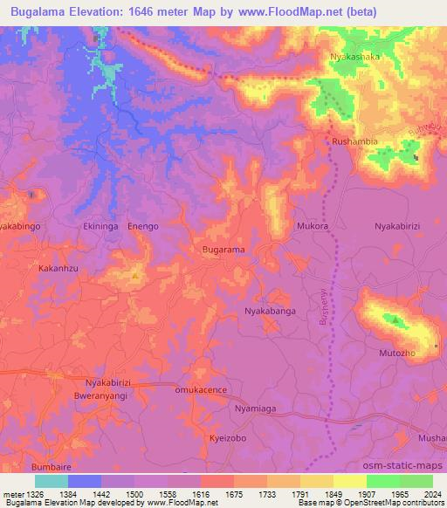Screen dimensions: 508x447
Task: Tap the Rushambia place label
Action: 354,141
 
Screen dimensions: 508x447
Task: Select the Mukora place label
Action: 312,225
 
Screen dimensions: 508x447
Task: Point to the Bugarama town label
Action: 223,250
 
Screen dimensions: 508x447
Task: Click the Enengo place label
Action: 143,226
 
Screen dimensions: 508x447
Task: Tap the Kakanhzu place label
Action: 59,269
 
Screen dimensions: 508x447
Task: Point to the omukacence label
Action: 201,390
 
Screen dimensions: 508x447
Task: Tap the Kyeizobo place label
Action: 229,437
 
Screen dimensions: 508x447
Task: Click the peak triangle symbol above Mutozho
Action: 397,320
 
